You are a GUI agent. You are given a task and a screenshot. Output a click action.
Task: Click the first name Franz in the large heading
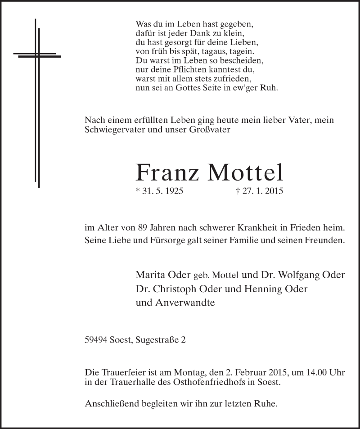(167, 173)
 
